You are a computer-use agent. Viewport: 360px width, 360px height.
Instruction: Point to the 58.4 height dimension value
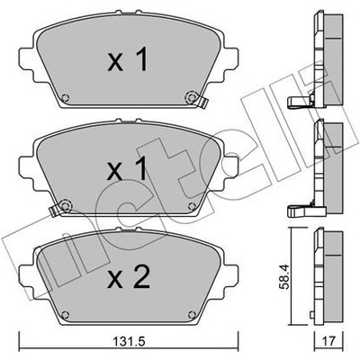[x=285, y=276]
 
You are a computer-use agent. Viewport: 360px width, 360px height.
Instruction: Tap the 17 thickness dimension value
[x=329, y=341]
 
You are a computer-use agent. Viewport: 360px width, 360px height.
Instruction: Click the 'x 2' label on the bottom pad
[x=129, y=277]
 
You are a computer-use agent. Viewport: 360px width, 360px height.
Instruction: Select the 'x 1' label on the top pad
[x=128, y=59]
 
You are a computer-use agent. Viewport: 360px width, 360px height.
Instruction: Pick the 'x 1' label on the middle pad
[x=128, y=168]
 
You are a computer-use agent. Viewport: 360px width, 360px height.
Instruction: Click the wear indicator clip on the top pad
[x=203, y=103]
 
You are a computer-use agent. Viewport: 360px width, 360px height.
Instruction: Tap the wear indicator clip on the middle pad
[x=54, y=211]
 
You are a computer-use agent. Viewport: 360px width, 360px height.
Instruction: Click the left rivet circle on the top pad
[x=65, y=98]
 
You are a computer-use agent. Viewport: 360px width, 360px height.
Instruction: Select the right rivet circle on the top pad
[x=190, y=97]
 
